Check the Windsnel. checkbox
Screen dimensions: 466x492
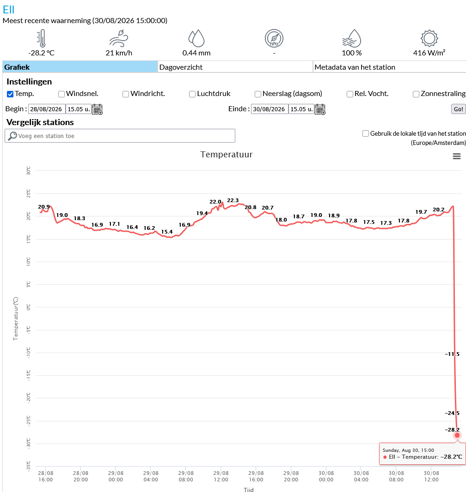point(61,94)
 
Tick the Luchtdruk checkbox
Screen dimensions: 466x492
point(192,94)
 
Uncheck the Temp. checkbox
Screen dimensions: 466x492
point(10,94)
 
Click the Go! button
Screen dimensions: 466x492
point(458,109)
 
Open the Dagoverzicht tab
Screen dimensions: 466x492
point(235,67)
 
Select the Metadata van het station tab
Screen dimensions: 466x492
point(389,67)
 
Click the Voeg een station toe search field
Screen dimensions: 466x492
point(120,136)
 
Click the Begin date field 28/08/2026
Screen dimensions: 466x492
point(47,109)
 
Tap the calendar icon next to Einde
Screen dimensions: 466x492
point(320,109)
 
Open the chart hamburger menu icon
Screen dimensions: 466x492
point(457,156)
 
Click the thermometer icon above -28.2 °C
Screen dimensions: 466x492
point(42,38)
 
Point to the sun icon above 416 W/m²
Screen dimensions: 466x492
point(429,38)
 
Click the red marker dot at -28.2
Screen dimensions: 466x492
point(457,435)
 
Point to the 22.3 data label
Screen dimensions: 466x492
point(233,200)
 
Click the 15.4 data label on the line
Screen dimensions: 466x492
point(167,232)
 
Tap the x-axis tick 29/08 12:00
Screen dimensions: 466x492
point(221,476)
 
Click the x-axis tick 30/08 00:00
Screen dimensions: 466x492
point(326,476)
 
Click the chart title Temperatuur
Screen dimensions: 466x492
point(227,154)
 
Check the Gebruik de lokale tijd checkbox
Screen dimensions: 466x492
point(365,133)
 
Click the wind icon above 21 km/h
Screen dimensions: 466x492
point(119,38)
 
